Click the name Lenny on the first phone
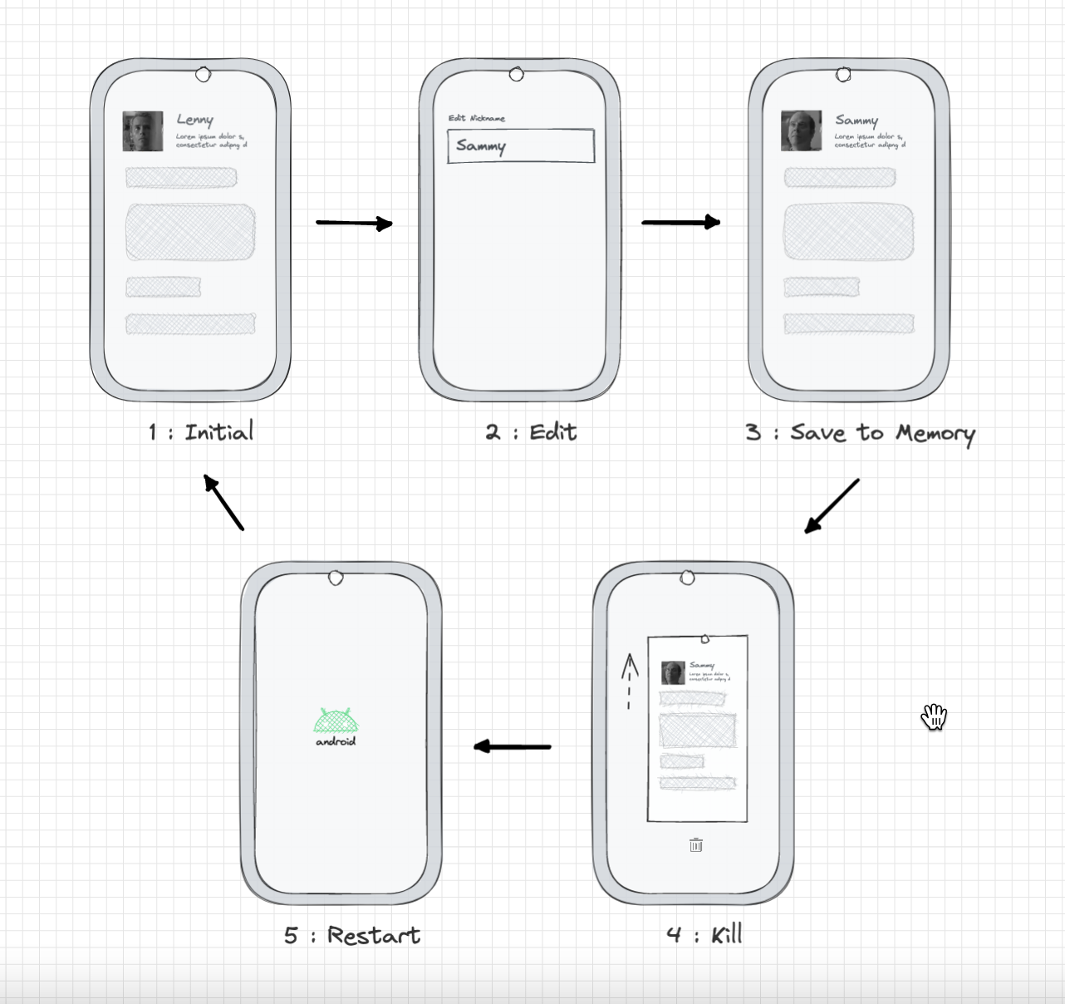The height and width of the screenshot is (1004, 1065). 194,120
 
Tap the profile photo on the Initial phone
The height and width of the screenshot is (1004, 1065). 143,131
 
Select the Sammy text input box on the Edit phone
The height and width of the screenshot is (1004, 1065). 521,146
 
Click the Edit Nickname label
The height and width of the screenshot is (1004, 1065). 477,118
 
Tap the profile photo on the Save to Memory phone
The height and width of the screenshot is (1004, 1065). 802,131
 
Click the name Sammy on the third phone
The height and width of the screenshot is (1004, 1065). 856,120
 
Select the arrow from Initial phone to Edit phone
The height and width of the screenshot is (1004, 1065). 354,223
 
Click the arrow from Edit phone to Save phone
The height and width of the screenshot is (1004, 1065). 680,222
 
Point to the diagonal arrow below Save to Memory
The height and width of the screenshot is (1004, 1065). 832,505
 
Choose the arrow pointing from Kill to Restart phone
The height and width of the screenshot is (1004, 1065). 512,746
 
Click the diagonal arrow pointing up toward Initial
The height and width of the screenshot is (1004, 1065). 223,502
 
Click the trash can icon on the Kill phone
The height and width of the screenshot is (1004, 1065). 696,845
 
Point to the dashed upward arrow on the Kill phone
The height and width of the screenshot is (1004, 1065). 629,681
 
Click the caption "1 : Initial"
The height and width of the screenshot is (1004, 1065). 201,432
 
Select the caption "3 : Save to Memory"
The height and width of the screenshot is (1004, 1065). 860,433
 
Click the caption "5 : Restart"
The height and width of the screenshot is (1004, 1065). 352,935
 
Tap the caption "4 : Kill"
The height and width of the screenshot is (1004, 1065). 704,934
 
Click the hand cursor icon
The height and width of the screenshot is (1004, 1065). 934,716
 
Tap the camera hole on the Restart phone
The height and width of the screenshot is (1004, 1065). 336,578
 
